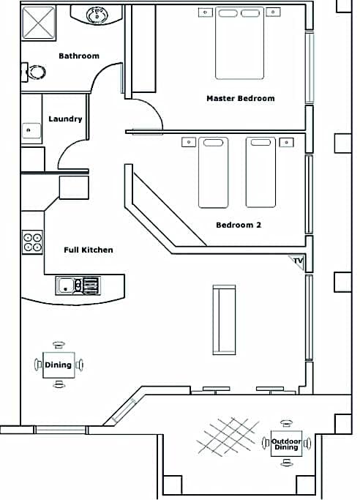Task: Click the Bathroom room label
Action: coord(79,56)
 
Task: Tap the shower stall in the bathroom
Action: coord(39,23)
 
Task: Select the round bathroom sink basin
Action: coord(97,15)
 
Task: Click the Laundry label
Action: coord(65,119)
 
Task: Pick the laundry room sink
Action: coord(31,130)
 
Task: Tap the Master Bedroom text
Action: coord(241,98)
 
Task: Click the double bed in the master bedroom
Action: coord(239,43)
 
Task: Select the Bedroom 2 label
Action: coord(239,225)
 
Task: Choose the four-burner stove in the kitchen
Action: coord(32,242)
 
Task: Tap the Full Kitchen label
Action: coord(89,250)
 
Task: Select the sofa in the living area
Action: coord(225,320)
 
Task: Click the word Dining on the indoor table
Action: coord(58,365)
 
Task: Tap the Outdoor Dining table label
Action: coord(286,444)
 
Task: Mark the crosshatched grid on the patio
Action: coord(228,436)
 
